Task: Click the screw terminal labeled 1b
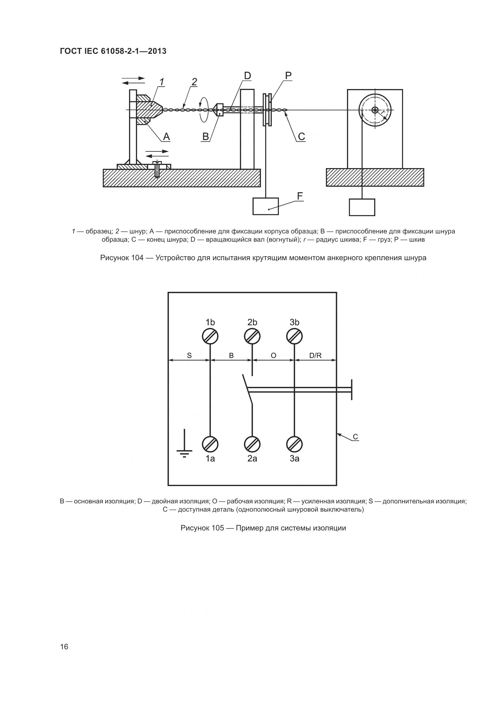[210, 336]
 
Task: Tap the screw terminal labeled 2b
[252, 336]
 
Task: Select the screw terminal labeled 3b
[294, 336]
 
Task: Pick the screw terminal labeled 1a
[210, 445]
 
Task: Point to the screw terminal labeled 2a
[252, 445]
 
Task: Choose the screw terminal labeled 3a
[294, 445]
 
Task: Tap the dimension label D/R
[315, 356]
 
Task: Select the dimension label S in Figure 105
[189, 356]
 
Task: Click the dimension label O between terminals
[273, 356]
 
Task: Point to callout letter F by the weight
[300, 196]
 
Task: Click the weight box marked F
[265, 206]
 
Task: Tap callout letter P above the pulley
[288, 76]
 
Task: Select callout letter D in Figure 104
[247, 76]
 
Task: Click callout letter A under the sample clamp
[166, 136]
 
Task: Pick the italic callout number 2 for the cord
[194, 82]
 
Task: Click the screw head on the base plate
[158, 163]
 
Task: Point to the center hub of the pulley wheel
[375, 110]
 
